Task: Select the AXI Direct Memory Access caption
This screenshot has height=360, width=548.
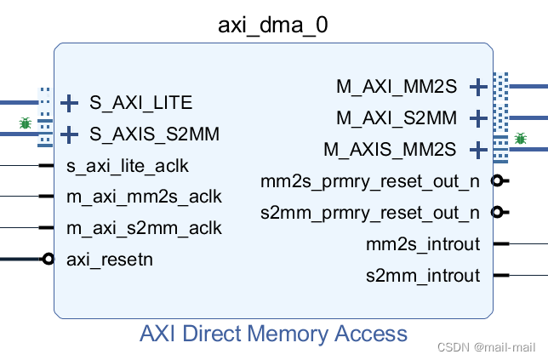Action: coord(273,333)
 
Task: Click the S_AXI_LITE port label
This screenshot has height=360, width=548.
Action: coord(140,103)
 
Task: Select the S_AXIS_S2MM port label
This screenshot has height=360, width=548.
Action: coord(154,134)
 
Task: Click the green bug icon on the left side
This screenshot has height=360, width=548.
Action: coord(26,124)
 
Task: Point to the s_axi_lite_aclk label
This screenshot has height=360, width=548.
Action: coord(128,165)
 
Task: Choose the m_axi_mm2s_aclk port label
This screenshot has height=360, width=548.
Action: coord(144,197)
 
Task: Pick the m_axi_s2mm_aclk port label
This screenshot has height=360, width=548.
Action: coord(144,228)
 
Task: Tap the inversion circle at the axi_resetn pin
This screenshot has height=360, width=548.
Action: coord(49,259)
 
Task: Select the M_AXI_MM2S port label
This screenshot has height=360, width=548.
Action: coord(397,86)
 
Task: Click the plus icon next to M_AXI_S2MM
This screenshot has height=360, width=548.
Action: coord(478,117)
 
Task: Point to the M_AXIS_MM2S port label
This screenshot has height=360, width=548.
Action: coord(390,149)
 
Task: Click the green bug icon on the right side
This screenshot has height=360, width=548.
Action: coord(520,138)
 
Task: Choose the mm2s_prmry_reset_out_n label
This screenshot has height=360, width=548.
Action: coord(369,180)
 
